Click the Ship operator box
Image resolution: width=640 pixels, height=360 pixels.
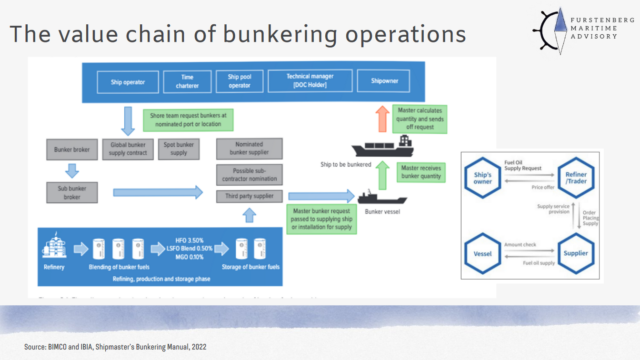128,82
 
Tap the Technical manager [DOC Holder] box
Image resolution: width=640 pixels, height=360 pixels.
310,81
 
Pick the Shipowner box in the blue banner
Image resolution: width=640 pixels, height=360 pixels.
384,81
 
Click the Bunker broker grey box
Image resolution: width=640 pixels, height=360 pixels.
72,150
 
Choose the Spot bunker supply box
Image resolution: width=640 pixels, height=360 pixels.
179,149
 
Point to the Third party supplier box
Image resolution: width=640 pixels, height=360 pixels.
249,196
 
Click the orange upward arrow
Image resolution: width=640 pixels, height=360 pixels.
382,119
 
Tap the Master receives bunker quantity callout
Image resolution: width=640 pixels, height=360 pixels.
421,172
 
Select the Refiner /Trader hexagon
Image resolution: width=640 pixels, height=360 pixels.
576,178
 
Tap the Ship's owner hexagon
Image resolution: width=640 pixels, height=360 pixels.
482,178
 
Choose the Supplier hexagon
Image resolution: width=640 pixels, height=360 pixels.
576,253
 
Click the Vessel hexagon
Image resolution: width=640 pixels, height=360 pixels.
482,253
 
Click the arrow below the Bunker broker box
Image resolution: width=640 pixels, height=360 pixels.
72,170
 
